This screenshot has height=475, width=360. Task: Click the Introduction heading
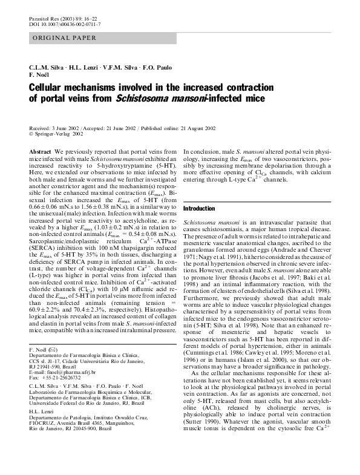click(199, 208)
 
